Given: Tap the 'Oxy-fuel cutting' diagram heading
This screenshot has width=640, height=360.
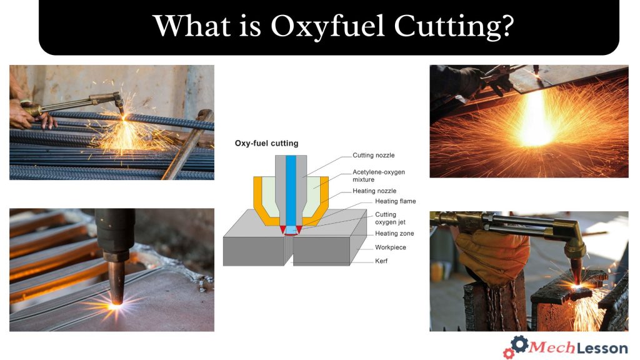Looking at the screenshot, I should pyautogui.click(x=266, y=143).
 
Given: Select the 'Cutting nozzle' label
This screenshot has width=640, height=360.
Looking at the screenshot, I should pyautogui.click(x=374, y=155).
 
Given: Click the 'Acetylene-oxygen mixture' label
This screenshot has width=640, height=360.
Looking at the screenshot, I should pyautogui.click(x=375, y=176).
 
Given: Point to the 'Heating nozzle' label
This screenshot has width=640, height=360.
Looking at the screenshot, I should pyautogui.click(x=374, y=191).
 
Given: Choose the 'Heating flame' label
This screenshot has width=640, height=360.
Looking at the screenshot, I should pyautogui.click(x=396, y=201).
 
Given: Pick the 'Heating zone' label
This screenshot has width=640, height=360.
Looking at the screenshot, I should pyautogui.click(x=394, y=234).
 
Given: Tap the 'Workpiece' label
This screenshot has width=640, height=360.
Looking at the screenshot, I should pyautogui.click(x=391, y=247).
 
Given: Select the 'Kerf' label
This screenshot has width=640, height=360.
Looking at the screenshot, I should pyautogui.click(x=381, y=261).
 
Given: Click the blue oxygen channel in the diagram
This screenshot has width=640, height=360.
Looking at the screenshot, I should pyautogui.click(x=290, y=187).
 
